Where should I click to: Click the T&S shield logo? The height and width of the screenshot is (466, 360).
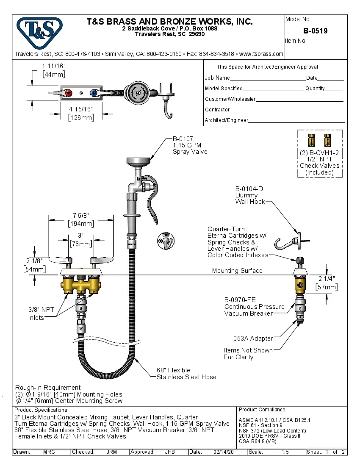pos(39,33)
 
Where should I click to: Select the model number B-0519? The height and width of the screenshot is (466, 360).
pos(315,31)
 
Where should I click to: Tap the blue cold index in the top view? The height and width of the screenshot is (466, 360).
pos(94,93)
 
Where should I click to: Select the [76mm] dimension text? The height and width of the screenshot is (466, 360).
pos(80,244)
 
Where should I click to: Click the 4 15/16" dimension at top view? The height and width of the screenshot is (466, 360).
pos(80,109)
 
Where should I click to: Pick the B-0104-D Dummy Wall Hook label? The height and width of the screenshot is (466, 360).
pos(247,195)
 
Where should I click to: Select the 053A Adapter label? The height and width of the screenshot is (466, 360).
pos(253,338)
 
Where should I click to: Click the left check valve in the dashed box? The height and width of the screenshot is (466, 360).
pos(312,140)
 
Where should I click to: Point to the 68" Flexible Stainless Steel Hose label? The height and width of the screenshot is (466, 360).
pos(186,373)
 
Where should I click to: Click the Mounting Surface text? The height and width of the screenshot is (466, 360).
pos(237,271)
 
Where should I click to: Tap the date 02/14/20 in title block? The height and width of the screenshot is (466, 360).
pos(224,452)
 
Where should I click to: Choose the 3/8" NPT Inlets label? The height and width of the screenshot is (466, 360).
pos(42,313)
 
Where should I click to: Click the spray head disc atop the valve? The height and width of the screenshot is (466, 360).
pos(138,160)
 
